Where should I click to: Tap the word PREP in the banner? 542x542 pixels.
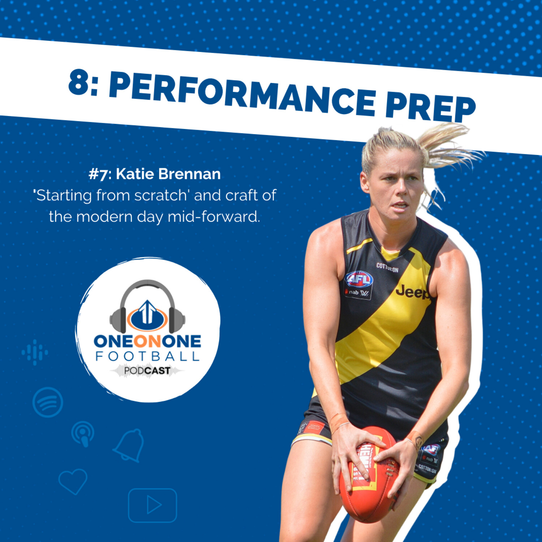pyautogui.click(x=430, y=107)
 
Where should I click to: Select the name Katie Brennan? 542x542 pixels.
pyautogui.click(x=168, y=174)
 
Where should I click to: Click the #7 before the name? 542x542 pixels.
pyautogui.click(x=98, y=175)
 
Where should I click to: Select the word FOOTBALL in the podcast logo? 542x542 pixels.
pyautogui.click(x=147, y=357)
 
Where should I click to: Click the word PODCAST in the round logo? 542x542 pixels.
pyautogui.click(x=147, y=371)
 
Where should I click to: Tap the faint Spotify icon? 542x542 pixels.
pyautogui.click(x=48, y=402)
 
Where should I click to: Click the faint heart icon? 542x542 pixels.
pyautogui.click(x=73, y=481)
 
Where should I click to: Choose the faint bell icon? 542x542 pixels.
pyautogui.click(x=129, y=445)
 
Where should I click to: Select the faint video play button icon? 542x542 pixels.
pyautogui.click(x=152, y=505)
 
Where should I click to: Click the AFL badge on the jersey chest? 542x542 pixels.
pyautogui.click(x=359, y=279)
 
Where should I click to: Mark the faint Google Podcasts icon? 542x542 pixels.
pyautogui.click(x=35, y=352)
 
